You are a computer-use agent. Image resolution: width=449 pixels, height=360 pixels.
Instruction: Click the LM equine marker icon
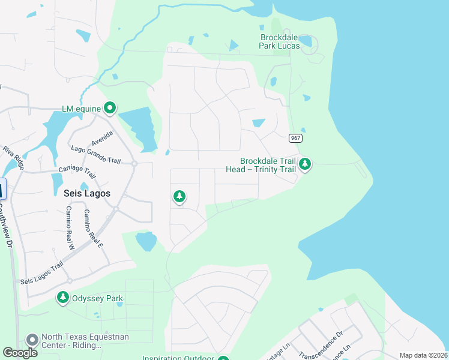[x=109, y=108]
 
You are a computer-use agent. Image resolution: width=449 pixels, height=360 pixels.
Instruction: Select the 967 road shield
[x=295, y=138]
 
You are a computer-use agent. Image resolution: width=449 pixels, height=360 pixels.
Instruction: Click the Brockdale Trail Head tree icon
[x=305, y=164]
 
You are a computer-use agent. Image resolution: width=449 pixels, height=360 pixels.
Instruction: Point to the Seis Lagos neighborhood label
[x=86, y=193]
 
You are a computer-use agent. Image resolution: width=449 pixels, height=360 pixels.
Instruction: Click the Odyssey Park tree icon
[x=63, y=297]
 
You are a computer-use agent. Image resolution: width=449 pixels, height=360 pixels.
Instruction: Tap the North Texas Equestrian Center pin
[x=31, y=340]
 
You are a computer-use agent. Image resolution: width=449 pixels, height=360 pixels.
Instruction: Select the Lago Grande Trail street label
[x=96, y=155]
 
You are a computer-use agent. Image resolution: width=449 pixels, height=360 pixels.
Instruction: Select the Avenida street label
[x=103, y=139]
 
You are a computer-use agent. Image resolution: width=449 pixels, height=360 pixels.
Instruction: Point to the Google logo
[x=20, y=353]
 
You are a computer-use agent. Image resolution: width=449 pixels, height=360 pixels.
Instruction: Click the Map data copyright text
[x=423, y=355]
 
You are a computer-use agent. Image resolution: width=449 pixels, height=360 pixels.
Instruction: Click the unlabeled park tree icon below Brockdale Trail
[x=179, y=196]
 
